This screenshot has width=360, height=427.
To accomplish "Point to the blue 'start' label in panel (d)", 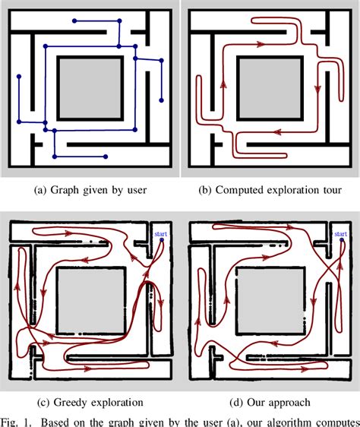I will [x=339, y=236].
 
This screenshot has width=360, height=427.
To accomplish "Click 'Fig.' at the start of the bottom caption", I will [x=11, y=420].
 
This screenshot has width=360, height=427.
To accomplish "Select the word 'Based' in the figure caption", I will [x=62, y=420].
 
